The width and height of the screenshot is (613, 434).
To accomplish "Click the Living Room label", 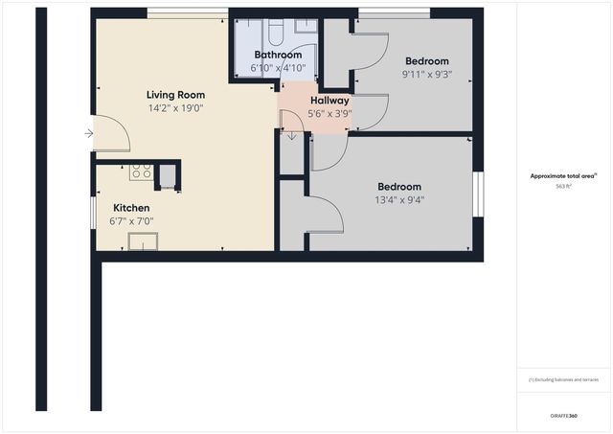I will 175,95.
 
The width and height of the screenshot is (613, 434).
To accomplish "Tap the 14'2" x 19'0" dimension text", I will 175,108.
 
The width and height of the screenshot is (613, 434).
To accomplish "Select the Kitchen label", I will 131,208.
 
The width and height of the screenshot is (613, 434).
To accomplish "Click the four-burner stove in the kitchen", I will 141,172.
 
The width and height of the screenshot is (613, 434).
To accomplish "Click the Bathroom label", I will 278,56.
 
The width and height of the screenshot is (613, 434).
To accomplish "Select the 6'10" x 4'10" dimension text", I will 278,68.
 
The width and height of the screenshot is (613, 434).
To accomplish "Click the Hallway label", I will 329,101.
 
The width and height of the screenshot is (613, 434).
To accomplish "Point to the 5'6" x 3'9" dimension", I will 329,113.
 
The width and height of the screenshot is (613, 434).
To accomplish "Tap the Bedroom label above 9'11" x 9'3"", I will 426,60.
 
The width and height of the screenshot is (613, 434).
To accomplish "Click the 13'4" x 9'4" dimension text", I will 399,200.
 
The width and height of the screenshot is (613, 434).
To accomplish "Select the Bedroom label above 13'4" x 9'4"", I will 399,187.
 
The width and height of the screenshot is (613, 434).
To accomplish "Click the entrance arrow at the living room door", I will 89,133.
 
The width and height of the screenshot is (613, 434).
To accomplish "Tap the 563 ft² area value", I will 564,187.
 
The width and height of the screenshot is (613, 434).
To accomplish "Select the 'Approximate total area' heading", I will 563,176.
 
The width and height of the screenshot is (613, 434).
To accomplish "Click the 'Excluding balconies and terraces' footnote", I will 564,379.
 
